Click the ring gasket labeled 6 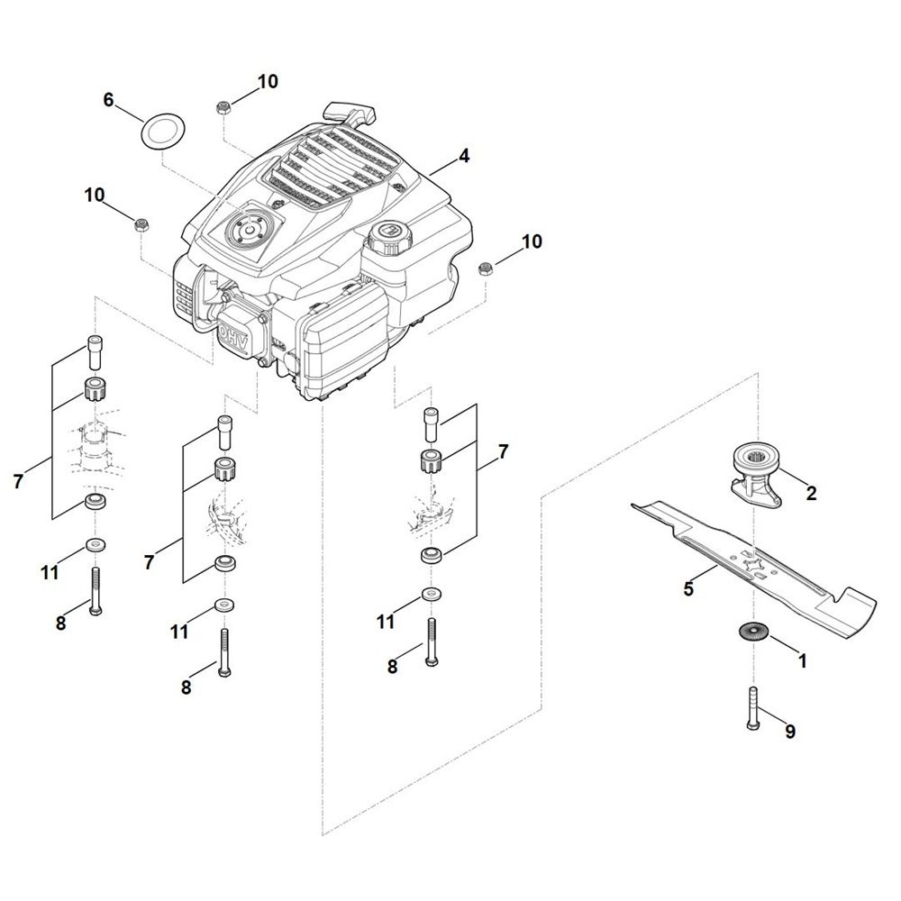point(162,132)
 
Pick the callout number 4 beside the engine point(463,156)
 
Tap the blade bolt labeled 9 point(753,709)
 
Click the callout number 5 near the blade point(688,588)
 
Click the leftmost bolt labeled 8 point(96,591)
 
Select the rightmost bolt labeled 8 point(432,642)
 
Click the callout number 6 point(109,99)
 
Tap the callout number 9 point(790,732)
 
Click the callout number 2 point(812,493)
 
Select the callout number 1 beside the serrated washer point(804,661)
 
